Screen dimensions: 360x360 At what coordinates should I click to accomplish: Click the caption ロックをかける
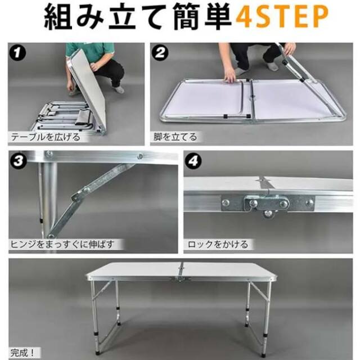[217, 244]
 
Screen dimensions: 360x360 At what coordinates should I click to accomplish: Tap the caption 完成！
[24, 352]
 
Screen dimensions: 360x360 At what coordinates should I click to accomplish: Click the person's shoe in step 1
[118, 88]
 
